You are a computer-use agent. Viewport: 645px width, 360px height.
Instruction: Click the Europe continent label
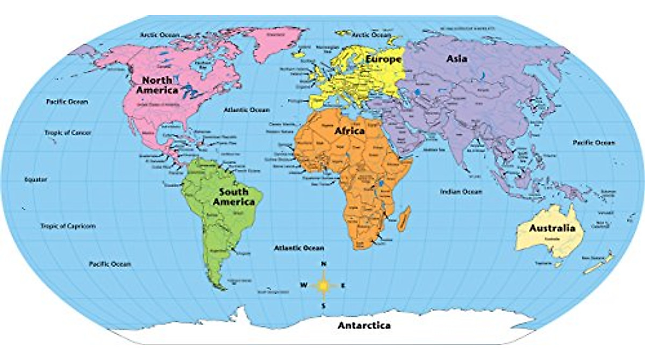(383, 59)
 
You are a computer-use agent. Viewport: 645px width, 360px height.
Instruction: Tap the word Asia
(457, 59)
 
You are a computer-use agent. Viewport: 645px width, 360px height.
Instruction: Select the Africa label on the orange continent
(349, 131)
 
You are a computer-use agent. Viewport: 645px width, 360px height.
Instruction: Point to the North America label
(157, 85)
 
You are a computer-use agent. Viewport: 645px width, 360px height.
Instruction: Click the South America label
(233, 197)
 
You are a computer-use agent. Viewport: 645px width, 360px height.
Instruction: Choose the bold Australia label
(548, 228)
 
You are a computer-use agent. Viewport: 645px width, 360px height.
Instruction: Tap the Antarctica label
(364, 325)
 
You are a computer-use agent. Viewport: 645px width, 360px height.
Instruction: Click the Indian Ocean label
(461, 191)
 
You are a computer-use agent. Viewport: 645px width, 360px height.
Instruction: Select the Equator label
(36, 179)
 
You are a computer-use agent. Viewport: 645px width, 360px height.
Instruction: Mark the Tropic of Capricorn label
(68, 226)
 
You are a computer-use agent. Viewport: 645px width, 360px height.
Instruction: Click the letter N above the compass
(324, 264)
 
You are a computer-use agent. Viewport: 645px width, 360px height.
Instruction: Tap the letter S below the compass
(324, 306)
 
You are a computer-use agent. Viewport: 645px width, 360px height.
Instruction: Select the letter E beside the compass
(343, 285)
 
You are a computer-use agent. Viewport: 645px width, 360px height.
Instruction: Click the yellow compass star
(324, 285)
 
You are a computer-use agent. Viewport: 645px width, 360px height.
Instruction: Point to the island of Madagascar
(406, 218)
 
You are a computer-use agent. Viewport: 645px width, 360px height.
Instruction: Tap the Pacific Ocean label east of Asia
(593, 143)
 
